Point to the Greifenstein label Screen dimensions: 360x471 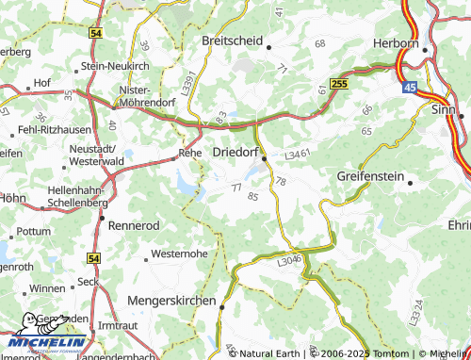(370, 176)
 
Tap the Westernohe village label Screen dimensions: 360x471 (181, 254)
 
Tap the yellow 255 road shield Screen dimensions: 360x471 (340, 85)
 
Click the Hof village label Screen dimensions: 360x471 (41, 83)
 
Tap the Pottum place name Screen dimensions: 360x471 (35, 231)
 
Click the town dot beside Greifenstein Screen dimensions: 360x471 (410, 183)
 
